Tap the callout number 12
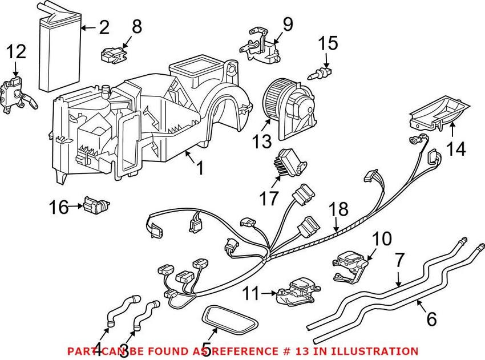(x=16, y=53)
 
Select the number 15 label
(x=328, y=43)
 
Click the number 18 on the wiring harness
(x=339, y=209)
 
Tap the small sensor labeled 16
(x=95, y=204)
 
